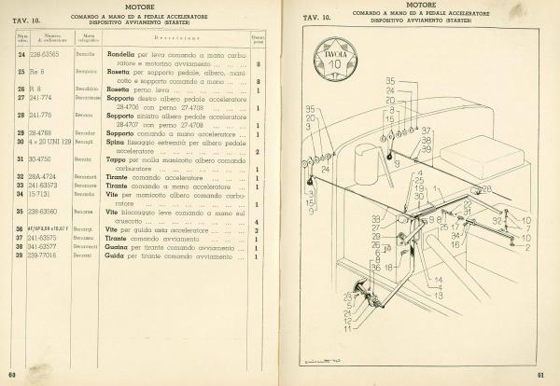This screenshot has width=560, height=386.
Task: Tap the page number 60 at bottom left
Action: pos(12,375)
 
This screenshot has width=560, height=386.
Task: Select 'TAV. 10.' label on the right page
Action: pos(317,18)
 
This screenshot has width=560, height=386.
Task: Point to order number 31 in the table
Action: pos(21,159)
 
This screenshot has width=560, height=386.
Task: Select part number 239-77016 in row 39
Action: pos(44,255)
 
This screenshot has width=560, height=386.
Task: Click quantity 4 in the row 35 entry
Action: pos(257,221)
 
